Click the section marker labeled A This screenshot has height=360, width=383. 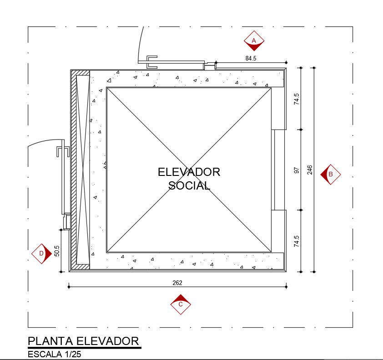click(x=254, y=40)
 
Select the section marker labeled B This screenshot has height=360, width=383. click(x=331, y=174)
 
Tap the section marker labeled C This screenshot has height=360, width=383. click(x=181, y=304)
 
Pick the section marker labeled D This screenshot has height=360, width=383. click(x=41, y=254)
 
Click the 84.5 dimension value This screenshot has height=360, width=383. click(x=251, y=58)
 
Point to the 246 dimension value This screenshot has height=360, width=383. click(x=310, y=170)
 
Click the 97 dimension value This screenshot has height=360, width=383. click(x=297, y=170)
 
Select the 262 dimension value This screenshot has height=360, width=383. click(x=177, y=283)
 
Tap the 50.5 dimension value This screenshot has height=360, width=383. click(x=57, y=251)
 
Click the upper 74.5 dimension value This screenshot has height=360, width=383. click(x=297, y=99)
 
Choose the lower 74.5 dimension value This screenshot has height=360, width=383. click(x=297, y=241)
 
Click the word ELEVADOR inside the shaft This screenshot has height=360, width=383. click(x=189, y=172)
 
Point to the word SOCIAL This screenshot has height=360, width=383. click(x=189, y=185)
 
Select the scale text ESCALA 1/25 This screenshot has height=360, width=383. click(x=54, y=354)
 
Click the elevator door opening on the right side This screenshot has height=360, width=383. click(x=278, y=170)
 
